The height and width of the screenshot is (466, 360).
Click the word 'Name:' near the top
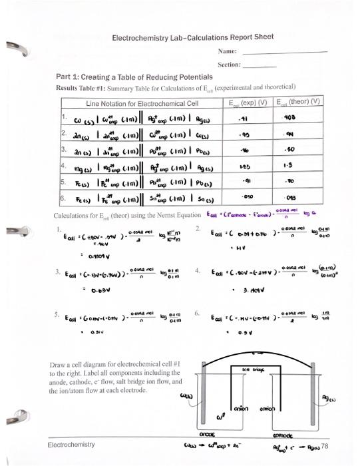pos(228,51)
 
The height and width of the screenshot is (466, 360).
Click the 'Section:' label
pos(229,65)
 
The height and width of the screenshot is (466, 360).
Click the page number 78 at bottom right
pos(325,444)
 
